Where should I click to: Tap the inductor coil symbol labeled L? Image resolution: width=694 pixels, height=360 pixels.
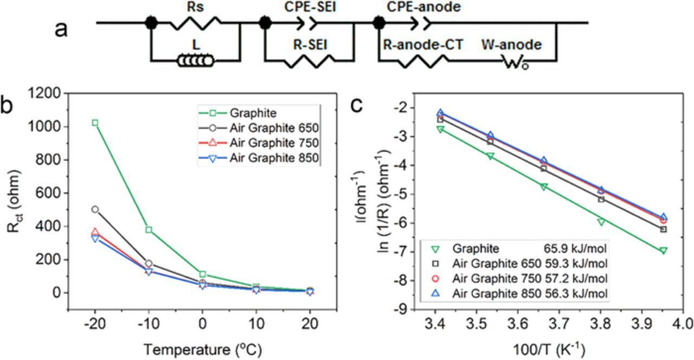[x=196, y=61]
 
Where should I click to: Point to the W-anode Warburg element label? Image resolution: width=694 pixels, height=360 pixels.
[x=511, y=45]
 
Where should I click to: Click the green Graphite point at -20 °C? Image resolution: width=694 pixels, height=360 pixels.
[x=95, y=123]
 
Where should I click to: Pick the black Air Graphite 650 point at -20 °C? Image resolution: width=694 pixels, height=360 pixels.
[x=95, y=209]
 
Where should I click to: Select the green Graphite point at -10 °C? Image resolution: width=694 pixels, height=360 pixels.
[x=149, y=229]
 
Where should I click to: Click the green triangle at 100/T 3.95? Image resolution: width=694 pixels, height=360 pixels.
[x=663, y=250]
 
